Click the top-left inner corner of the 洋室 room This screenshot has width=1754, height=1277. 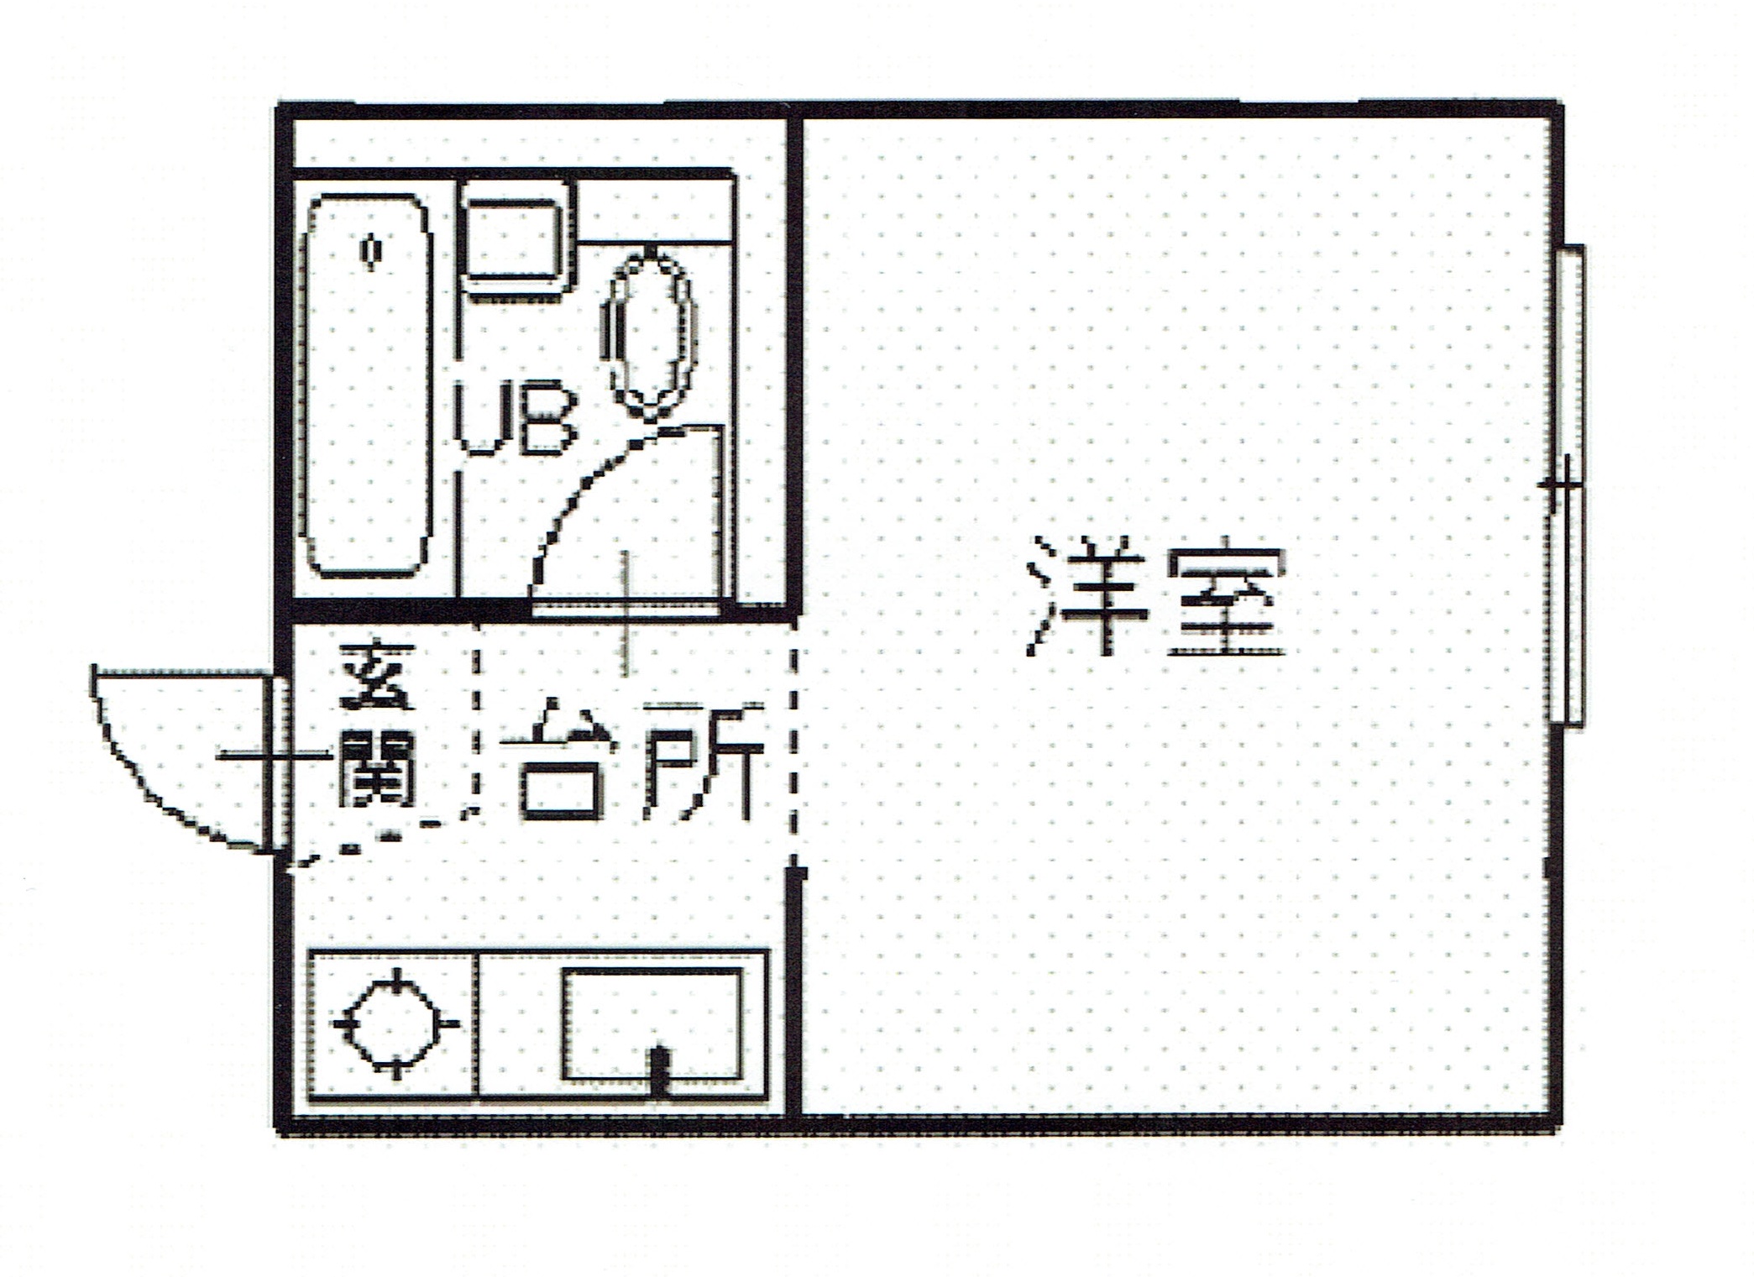pos(804,120)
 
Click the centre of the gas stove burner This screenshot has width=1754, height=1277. pos(395,1023)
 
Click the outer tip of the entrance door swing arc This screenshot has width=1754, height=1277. pos(94,667)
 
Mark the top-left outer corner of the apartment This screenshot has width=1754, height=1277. pos(278,104)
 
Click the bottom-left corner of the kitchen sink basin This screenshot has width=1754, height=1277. pos(563,1079)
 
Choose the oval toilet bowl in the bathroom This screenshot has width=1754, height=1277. pos(648,335)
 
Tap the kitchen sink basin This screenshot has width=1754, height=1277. pos(652,1024)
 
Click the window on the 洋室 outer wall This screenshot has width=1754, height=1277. pos(1567,485)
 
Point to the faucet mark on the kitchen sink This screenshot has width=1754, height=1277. pos(660,1070)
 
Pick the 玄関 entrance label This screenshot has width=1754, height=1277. pos(377,725)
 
